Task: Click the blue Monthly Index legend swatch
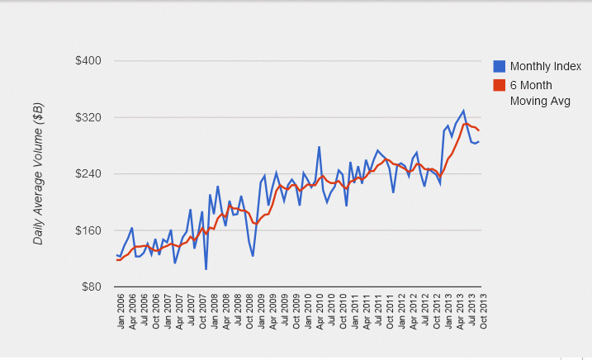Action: (x=500, y=67)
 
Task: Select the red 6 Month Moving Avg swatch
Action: (x=500, y=85)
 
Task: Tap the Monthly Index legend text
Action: (x=546, y=67)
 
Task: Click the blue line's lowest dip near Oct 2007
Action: (x=206, y=269)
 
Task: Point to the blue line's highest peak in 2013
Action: (x=463, y=111)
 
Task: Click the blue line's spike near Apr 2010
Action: (x=319, y=147)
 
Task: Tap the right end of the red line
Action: (x=479, y=130)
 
